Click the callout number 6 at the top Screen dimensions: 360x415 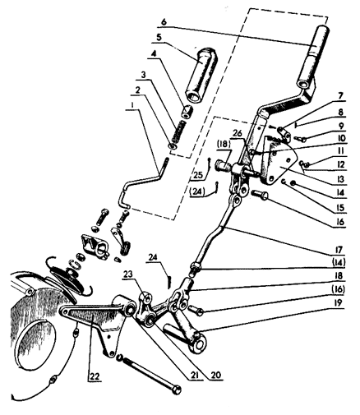pos(164,22)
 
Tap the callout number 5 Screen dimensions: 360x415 pos(159,38)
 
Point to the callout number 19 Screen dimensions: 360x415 pos(339,303)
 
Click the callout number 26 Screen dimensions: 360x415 pos(238,134)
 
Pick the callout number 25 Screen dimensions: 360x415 pos(197,175)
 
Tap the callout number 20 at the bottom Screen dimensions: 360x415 pos(215,375)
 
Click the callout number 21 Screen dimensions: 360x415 pos(193,375)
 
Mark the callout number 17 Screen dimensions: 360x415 pos(339,250)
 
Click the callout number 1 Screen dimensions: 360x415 pos(132,104)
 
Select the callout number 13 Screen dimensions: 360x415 pos(339,179)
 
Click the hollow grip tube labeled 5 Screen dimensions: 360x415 pos(203,75)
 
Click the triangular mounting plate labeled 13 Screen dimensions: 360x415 pos(279,162)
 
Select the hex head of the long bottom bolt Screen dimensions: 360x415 pos(177,390)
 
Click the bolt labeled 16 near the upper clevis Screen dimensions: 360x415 pos(261,195)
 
